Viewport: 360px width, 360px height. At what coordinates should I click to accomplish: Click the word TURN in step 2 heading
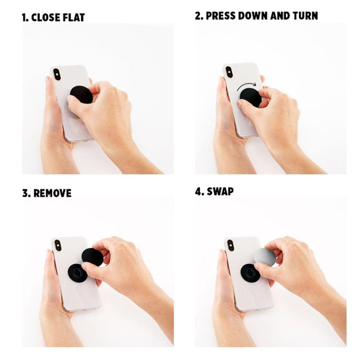point(305,16)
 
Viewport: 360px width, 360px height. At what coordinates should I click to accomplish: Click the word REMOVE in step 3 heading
point(52,193)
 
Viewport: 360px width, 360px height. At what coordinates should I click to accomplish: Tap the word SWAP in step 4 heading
point(220,192)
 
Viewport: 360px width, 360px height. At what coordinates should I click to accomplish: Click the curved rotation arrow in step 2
point(247,86)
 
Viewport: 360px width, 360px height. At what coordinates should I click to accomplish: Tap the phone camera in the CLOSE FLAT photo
point(57,74)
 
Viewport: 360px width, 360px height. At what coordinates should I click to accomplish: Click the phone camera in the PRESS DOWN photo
point(229,72)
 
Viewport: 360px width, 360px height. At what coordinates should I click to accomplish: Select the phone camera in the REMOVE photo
point(58,245)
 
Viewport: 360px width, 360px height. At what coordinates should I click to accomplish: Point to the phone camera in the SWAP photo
point(230,245)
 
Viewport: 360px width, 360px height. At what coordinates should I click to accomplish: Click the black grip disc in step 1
point(81,94)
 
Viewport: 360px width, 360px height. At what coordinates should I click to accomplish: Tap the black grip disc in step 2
point(251,97)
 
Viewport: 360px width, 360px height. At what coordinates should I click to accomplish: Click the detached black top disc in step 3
point(93,257)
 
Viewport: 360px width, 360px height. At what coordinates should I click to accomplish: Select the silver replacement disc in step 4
point(265,257)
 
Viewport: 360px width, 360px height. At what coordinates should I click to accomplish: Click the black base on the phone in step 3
point(77,273)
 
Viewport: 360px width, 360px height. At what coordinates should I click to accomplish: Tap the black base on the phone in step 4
point(250,273)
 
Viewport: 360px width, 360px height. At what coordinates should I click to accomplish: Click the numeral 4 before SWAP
point(198,192)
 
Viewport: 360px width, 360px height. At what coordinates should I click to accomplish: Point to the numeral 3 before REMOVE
point(25,193)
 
